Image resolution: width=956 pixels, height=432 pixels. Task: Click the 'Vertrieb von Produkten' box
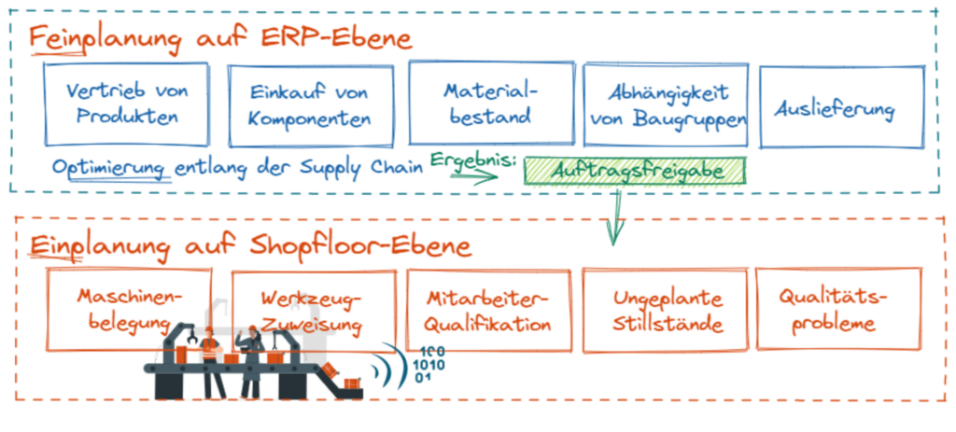126,104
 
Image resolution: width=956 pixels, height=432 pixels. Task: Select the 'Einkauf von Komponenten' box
311,105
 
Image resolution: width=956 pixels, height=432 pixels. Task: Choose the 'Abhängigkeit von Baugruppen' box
665,105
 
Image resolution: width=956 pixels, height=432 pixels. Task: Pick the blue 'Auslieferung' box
841,107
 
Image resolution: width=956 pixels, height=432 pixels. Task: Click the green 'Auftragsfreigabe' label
637,171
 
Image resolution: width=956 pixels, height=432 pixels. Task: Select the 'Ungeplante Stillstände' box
665,311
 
